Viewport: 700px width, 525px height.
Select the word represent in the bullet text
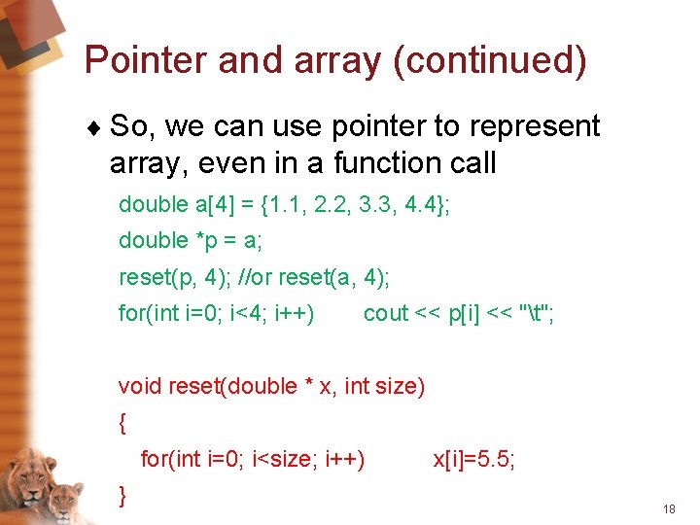542,126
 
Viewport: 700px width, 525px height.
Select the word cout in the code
385,314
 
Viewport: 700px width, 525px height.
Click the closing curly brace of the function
122,495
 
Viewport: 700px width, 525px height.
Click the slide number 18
668,509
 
